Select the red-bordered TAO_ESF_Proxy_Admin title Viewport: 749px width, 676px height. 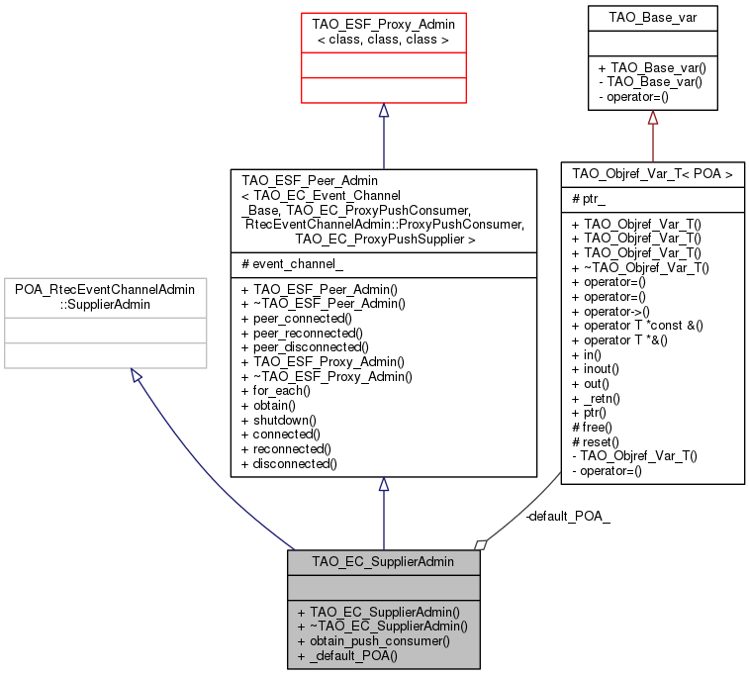[383, 30]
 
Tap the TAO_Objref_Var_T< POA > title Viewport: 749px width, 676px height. [652, 174]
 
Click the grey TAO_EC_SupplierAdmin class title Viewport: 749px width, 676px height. [383, 561]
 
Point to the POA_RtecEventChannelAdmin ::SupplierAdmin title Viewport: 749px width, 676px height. [105, 295]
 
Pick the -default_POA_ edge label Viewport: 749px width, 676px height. [568, 517]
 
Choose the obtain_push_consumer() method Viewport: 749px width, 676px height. [373, 640]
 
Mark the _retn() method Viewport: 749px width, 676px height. [595, 397]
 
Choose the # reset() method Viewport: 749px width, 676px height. [595, 440]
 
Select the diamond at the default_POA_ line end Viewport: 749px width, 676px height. [481, 544]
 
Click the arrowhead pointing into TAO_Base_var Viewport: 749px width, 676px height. [651, 116]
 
